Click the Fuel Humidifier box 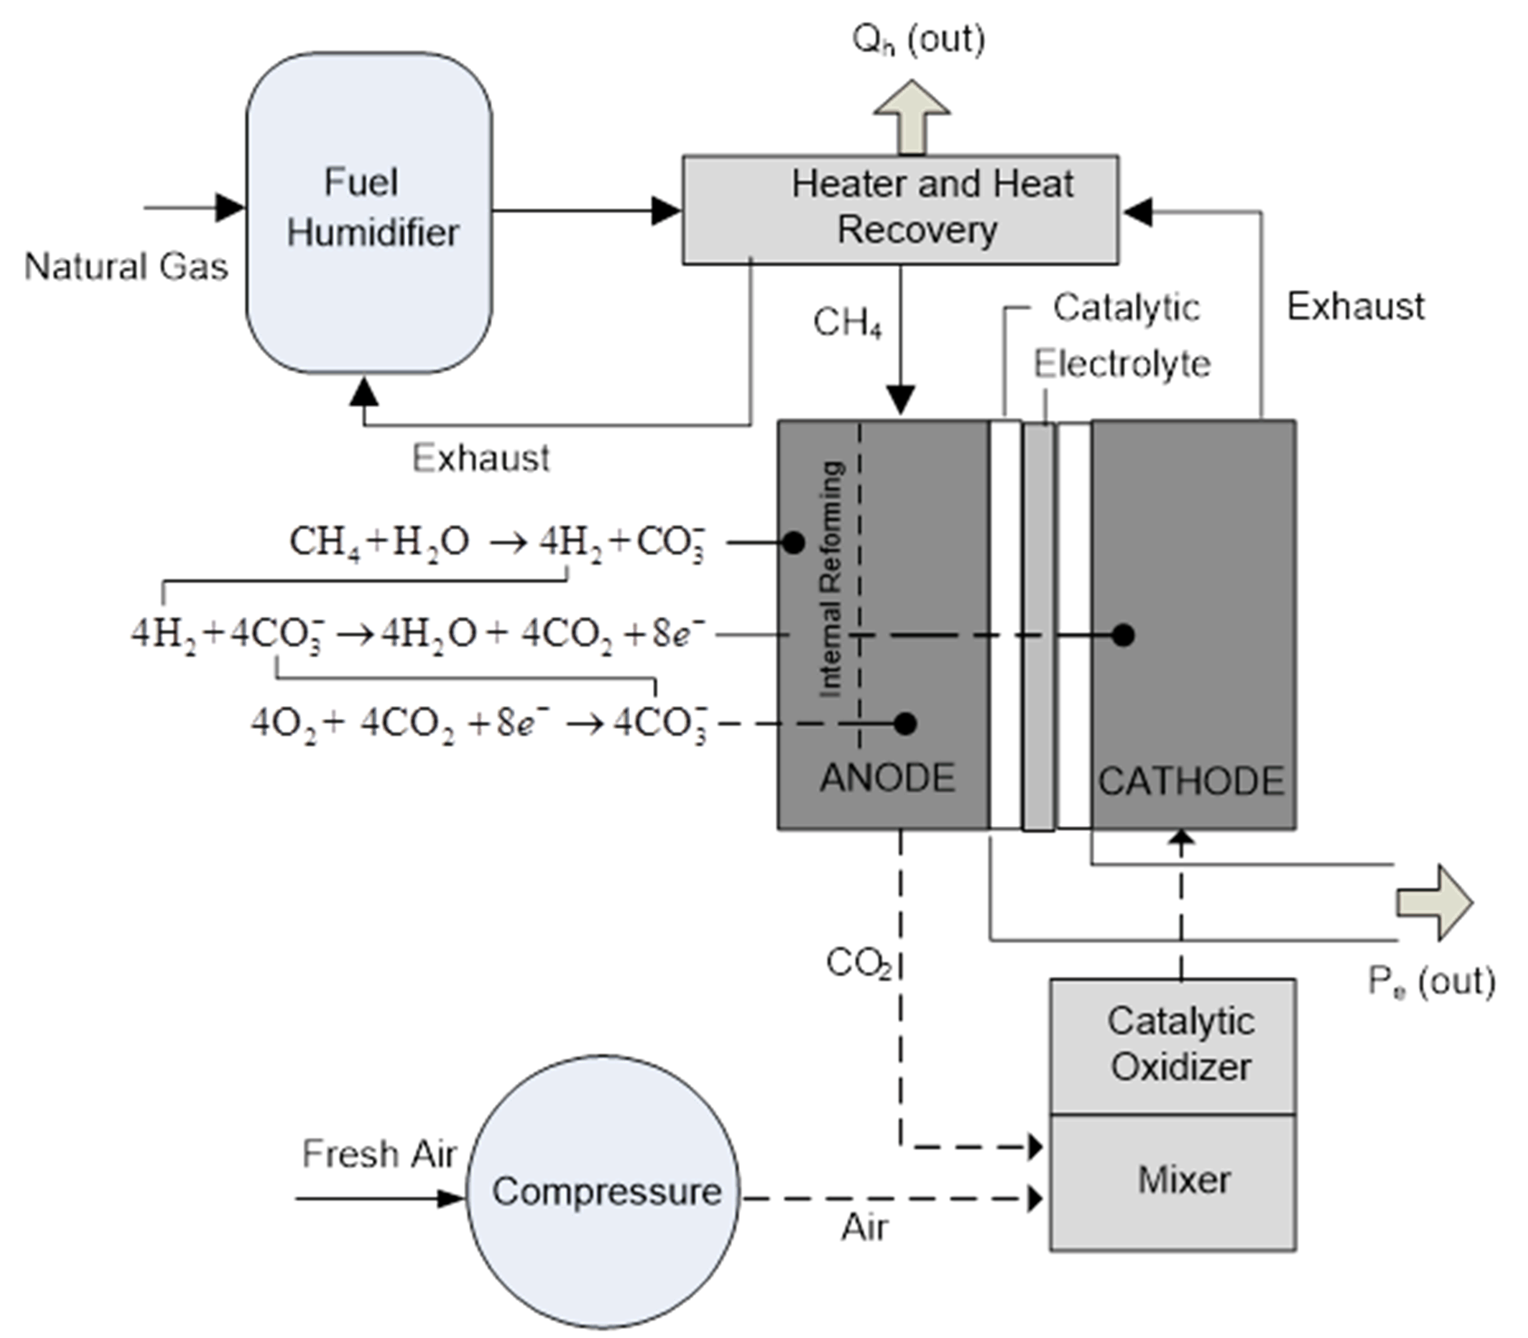(369, 213)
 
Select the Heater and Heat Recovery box (900, 209)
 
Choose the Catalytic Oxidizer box (1173, 1045)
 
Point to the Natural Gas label (125, 267)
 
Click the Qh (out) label (918, 39)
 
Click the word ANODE (887, 778)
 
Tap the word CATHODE (1190, 782)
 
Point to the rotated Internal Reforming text (831, 579)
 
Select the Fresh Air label (379, 1153)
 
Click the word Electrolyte (1122, 365)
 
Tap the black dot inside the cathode (1123, 635)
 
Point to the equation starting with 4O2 (478, 723)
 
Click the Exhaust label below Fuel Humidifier (481, 458)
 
